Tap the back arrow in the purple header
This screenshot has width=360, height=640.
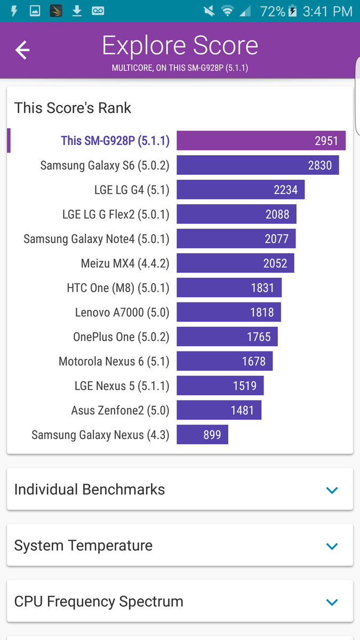click(22, 50)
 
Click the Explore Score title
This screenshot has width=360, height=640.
click(180, 46)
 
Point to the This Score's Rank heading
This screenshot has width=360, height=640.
click(73, 108)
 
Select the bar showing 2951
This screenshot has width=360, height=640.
click(261, 141)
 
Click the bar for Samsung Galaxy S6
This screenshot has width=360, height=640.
click(258, 165)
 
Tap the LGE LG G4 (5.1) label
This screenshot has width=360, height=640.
click(131, 190)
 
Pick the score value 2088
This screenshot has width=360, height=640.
click(277, 214)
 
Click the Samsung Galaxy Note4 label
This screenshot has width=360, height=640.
click(96, 239)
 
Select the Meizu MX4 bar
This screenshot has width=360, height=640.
click(235, 263)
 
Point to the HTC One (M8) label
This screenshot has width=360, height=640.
click(118, 288)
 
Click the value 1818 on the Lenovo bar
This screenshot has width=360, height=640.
click(262, 313)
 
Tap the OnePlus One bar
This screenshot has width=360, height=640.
click(227, 337)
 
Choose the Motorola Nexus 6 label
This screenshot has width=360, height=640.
click(114, 362)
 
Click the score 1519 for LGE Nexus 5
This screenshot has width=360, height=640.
click(245, 386)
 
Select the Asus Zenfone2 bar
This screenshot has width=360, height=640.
click(219, 411)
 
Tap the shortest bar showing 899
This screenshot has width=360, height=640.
click(202, 435)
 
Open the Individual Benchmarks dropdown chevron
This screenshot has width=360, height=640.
click(332, 490)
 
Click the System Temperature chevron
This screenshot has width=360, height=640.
click(332, 546)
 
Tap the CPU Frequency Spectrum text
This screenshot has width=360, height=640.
click(99, 602)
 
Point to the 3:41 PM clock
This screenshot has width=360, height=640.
click(327, 11)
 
